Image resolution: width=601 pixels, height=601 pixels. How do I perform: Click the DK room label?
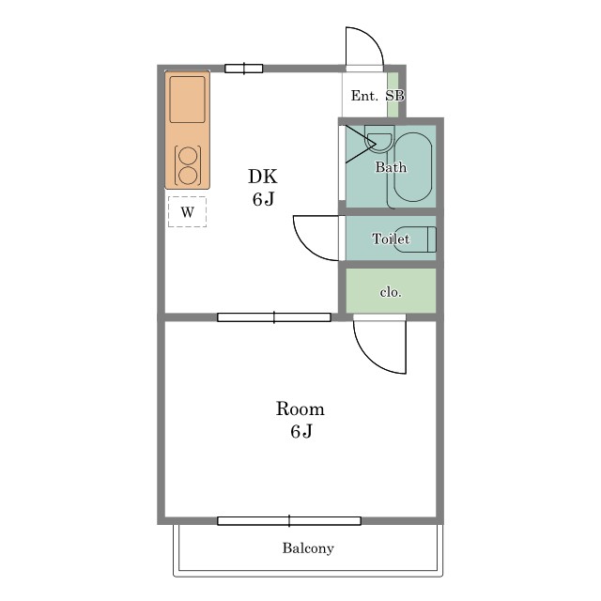click(x=263, y=177)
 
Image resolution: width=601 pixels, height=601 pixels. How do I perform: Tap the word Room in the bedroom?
click(x=300, y=409)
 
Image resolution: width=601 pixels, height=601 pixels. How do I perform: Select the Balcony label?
click(x=308, y=548)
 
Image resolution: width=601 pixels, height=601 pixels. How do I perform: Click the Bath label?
click(x=391, y=167)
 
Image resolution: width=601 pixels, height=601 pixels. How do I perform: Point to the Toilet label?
click(x=391, y=239)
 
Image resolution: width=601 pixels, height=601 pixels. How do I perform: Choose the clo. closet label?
click(x=391, y=292)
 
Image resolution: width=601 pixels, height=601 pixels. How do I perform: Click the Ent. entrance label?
click(x=364, y=96)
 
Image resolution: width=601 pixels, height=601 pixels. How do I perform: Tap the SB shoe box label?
click(x=394, y=96)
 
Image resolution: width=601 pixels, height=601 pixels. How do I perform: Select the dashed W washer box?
click(x=187, y=211)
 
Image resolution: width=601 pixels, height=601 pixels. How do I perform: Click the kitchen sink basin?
click(x=187, y=100)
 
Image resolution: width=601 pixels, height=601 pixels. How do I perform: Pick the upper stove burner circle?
click(x=188, y=157)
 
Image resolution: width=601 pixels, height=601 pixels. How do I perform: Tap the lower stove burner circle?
click(x=188, y=176)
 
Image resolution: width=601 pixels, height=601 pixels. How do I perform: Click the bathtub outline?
click(x=412, y=167)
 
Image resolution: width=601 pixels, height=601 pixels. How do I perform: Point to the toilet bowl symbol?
click(x=415, y=239)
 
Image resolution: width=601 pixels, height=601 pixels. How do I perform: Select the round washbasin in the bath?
click(x=378, y=141)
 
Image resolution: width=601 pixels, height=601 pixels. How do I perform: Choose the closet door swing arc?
click(x=369, y=357)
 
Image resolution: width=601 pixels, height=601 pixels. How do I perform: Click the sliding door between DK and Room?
click(x=274, y=317)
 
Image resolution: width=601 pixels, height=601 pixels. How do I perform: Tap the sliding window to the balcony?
click(x=289, y=521)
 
